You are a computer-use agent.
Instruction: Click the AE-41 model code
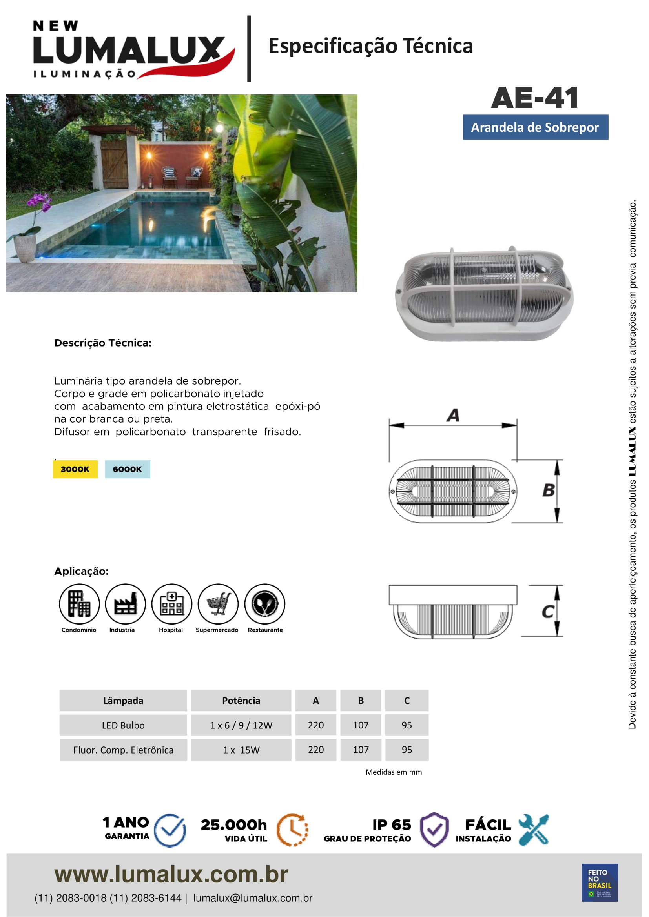(535, 98)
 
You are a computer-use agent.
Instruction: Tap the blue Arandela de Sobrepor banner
(535, 127)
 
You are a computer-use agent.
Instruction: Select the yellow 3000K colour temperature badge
(75, 469)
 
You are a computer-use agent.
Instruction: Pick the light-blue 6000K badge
(128, 469)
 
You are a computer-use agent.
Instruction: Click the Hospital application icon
(171, 603)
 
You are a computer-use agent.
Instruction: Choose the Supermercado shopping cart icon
(218, 603)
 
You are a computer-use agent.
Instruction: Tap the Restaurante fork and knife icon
(264, 603)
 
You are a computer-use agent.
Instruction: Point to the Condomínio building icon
(79, 603)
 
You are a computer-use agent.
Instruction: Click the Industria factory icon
(125, 603)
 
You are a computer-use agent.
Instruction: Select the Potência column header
(241, 701)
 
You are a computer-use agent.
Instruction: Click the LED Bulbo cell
(123, 725)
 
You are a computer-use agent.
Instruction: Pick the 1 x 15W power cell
(241, 750)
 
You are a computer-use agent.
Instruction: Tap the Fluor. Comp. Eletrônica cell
(123, 750)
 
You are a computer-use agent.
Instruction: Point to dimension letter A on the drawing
(453, 415)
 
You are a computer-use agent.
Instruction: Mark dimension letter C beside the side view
(547, 612)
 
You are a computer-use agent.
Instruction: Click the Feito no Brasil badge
(600, 882)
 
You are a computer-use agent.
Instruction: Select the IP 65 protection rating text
(391, 825)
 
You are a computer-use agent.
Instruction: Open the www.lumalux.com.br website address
(171, 874)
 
